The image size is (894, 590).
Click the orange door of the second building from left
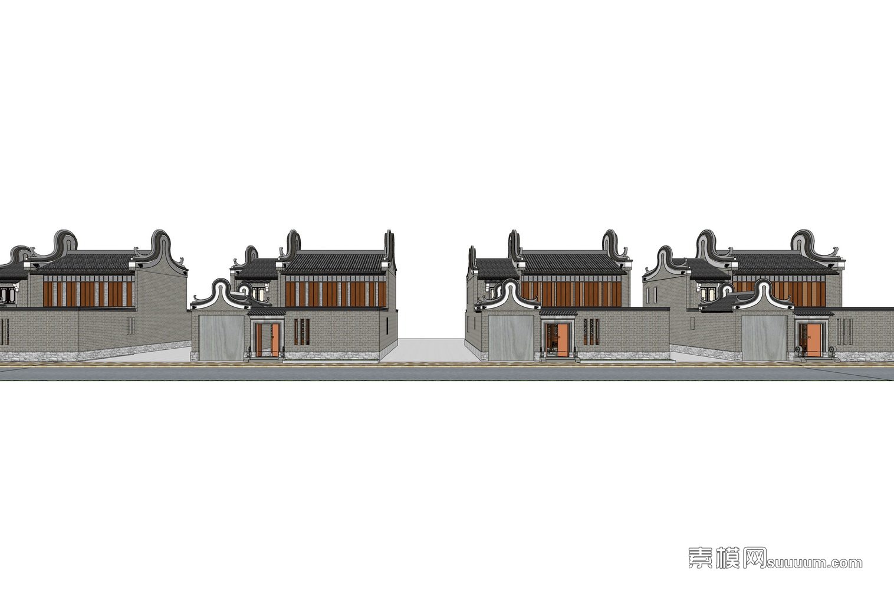tap(267, 340)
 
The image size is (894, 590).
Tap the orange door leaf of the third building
tap(563, 340)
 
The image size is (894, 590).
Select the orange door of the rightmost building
tap(814, 340)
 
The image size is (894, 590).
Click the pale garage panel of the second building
tap(222, 337)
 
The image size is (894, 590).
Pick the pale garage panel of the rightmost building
tap(764, 337)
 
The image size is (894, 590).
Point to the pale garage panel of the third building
tap(512, 337)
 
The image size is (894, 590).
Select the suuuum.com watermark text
tap(814, 563)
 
